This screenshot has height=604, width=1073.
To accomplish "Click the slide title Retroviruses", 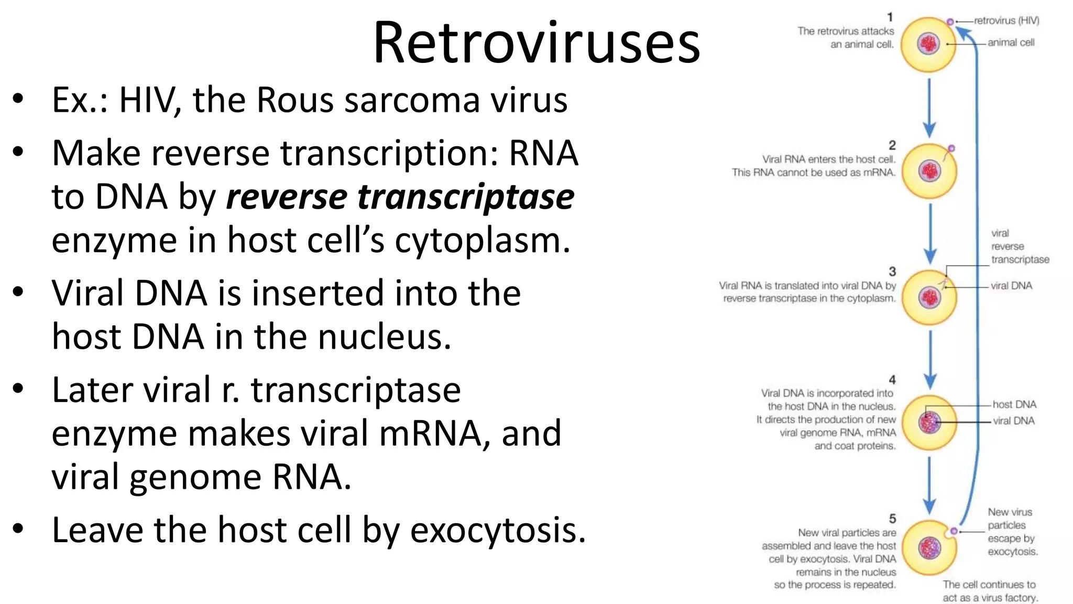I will [536, 43].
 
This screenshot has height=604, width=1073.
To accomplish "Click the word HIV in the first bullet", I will [146, 100].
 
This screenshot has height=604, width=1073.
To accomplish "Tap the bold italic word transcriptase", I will [466, 197].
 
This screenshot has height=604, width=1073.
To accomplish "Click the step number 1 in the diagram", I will [890, 17].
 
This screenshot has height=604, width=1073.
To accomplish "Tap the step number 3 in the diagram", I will [892, 271].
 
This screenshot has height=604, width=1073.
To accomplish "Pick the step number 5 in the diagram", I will [892, 519].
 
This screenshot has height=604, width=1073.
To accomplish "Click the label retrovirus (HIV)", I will [1006, 21].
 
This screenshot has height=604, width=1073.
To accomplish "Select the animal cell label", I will [1011, 42].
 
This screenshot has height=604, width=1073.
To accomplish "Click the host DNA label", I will [1014, 404].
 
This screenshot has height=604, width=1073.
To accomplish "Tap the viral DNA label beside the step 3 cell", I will [1011, 286].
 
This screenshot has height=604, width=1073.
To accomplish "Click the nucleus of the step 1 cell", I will [929, 44].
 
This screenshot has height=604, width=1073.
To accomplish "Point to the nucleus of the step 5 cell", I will [929, 548].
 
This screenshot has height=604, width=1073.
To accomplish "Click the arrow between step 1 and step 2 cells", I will [929, 107].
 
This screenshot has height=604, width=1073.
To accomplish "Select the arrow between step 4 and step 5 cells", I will [929, 485].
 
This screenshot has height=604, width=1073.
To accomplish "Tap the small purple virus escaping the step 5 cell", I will [954, 531].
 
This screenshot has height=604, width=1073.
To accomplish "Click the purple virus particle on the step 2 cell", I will [951, 148].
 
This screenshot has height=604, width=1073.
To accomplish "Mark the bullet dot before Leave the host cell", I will [18, 528].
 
